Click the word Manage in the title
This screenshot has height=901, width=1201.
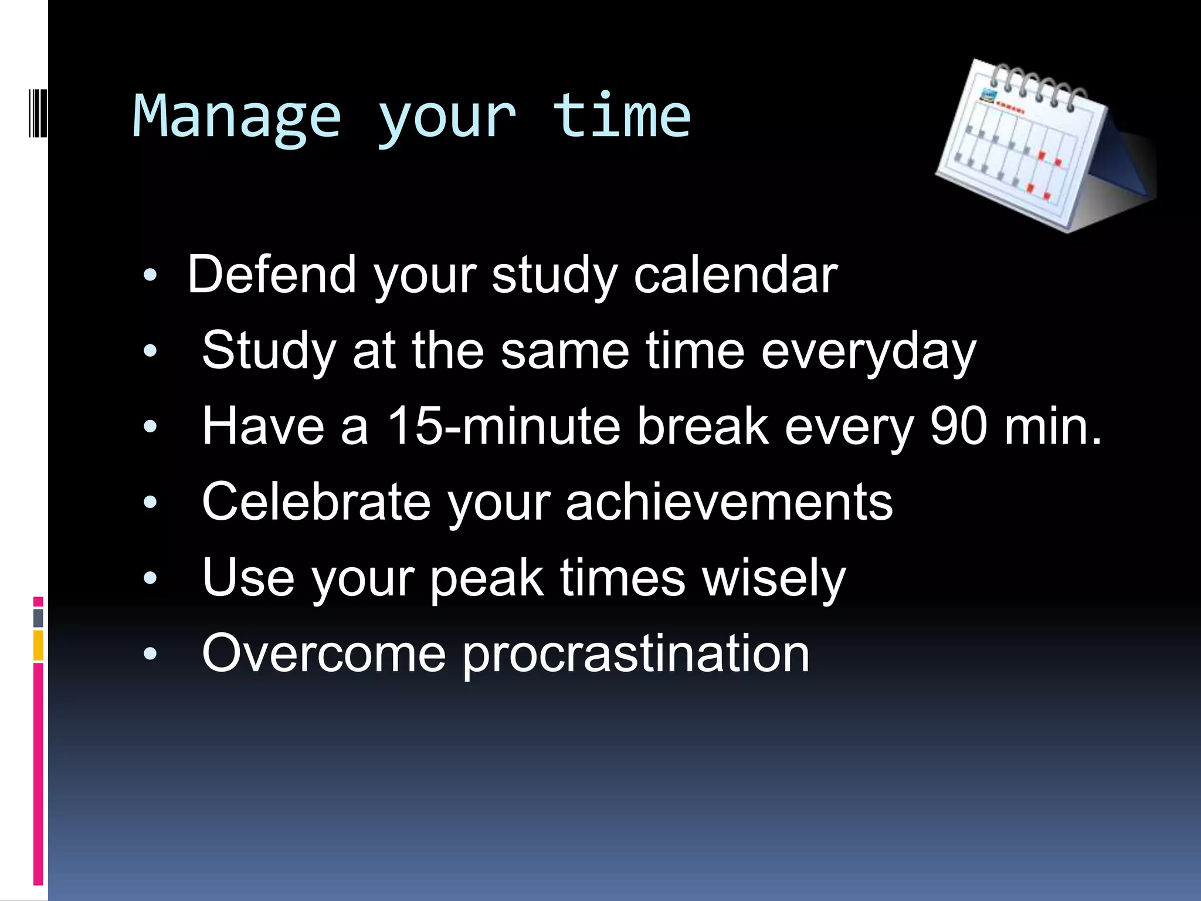(x=236, y=117)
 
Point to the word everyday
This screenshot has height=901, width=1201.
(x=868, y=352)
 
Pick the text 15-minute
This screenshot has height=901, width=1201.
(x=503, y=426)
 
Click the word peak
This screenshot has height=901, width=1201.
(x=487, y=579)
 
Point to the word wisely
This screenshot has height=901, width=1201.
(x=774, y=579)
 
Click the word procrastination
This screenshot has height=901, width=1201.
(x=636, y=655)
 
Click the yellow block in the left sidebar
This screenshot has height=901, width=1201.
(x=38, y=645)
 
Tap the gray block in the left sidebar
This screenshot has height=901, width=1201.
(x=38, y=618)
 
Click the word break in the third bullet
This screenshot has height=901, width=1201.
(x=702, y=426)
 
